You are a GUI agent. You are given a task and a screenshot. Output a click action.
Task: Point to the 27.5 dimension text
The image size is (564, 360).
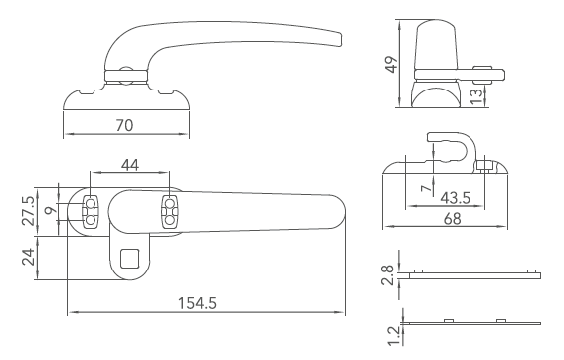(x=28, y=209)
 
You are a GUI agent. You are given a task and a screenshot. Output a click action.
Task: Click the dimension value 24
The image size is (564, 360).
(x=28, y=259)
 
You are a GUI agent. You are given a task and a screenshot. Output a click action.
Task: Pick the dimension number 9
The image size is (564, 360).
(x=52, y=211)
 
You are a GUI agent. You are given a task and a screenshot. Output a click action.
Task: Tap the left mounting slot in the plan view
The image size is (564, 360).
(x=91, y=210)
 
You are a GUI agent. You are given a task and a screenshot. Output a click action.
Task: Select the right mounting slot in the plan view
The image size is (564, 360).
(x=168, y=210)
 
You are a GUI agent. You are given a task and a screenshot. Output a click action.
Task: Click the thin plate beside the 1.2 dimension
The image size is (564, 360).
(x=472, y=323)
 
